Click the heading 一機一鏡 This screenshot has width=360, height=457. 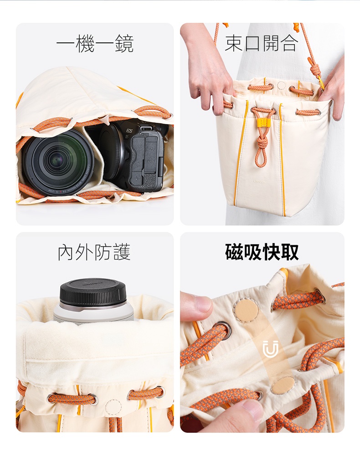(95, 44)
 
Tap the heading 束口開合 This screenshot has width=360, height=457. (262, 43)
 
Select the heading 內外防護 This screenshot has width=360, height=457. (94, 252)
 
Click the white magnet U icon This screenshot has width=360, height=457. (270, 348)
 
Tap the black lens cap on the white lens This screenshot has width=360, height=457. (94, 292)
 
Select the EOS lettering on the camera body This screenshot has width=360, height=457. (129, 131)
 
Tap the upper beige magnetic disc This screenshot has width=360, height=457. (247, 312)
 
